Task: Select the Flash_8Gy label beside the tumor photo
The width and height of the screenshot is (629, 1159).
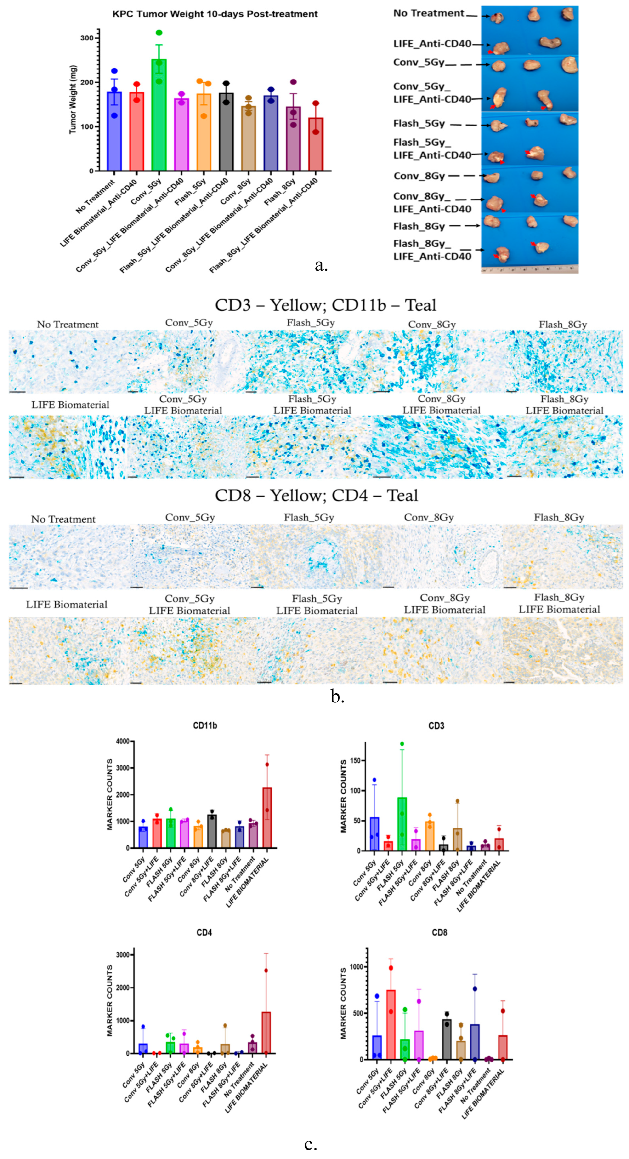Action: click(419, 226)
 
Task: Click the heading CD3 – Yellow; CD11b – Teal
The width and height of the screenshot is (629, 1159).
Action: click(325, 305)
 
